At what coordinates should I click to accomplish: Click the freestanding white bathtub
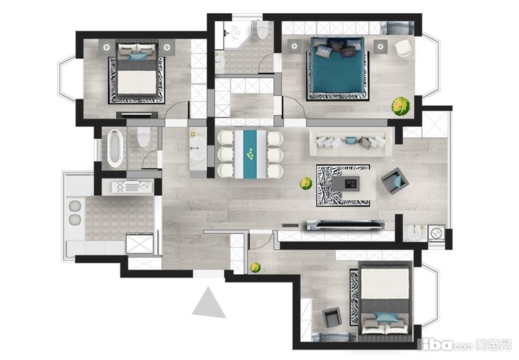[115, 148]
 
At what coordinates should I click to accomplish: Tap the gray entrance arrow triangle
[208, 303]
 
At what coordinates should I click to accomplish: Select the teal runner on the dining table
[250, 154]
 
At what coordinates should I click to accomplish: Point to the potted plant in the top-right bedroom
[401, 106]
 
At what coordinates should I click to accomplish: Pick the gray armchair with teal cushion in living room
[394, 181]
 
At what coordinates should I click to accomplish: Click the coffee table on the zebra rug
[345, 183]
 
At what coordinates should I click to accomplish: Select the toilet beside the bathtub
[144, 137]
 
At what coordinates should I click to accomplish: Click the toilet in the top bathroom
[263, 29]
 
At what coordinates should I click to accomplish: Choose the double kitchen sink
[75, 213]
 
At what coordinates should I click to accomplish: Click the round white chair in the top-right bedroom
[403, 48]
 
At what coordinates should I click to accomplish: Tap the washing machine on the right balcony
[436, 233]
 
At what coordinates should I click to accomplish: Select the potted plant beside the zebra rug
[306, 183]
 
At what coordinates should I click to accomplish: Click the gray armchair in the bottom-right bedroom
[332, 317]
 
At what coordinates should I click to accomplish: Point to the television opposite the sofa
[345, 224]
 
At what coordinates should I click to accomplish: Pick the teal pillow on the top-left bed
[136, 57]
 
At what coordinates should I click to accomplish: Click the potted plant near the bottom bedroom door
[255, 267]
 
